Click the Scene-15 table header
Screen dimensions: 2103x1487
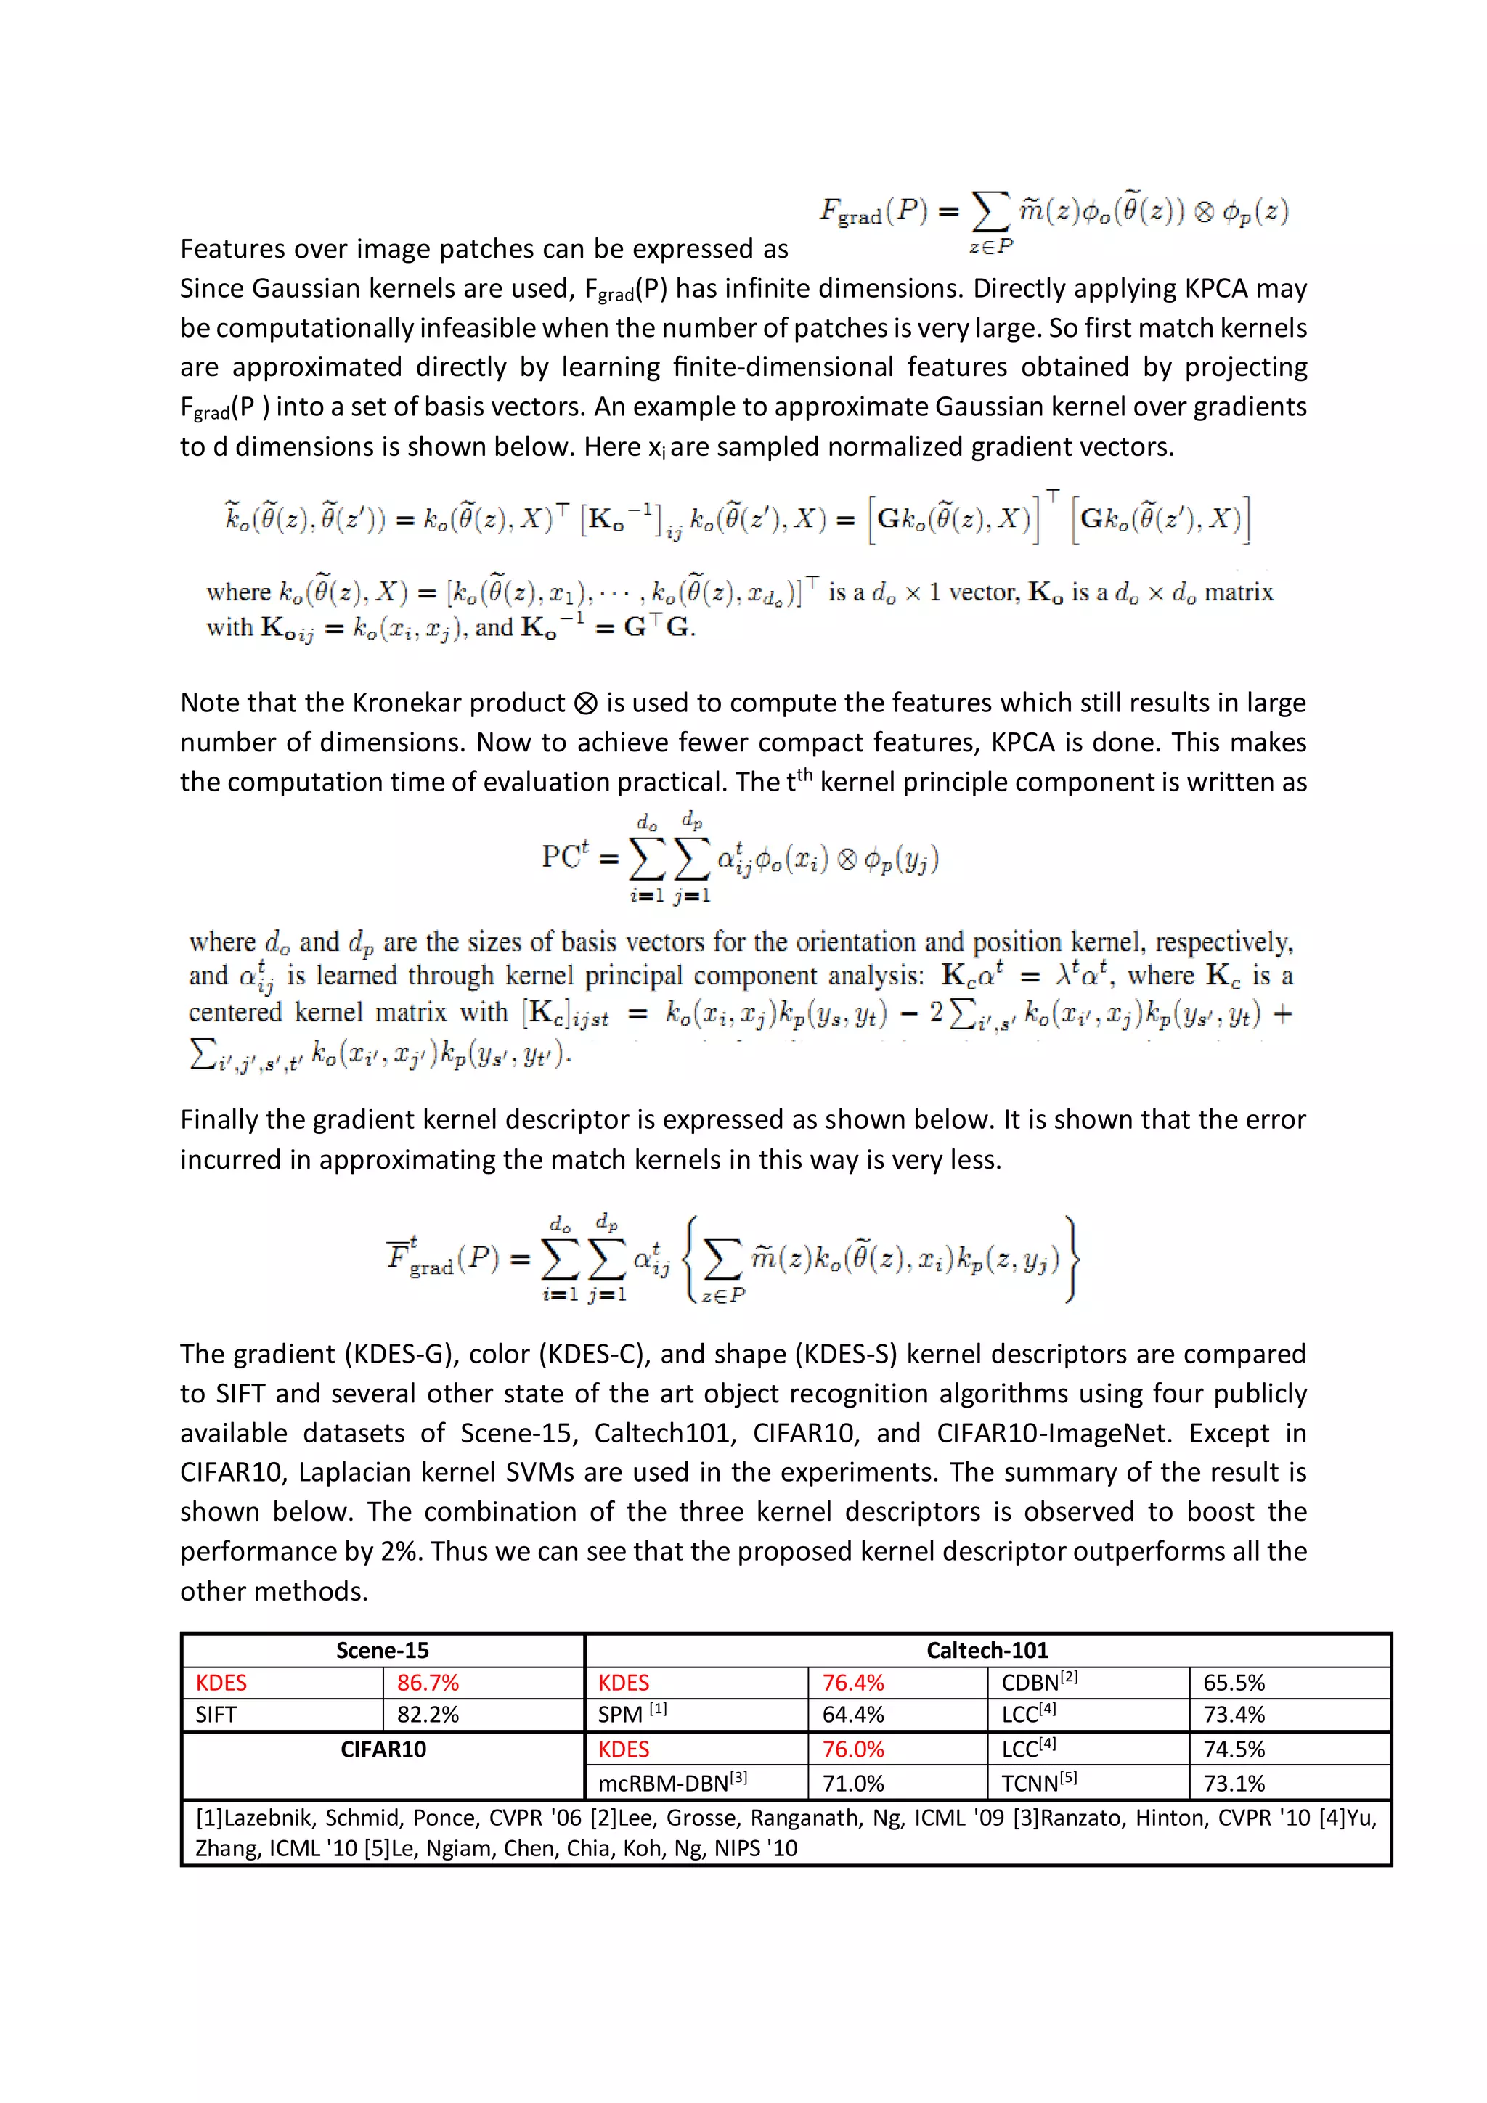(x=382, y=1651)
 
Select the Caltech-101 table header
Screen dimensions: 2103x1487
(x=987, y=1651)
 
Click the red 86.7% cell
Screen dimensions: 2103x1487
(x=428, y=1683)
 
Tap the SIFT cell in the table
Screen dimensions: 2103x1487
(x=216, y=1715)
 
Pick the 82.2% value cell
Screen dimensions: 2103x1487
(x=428, y=1715)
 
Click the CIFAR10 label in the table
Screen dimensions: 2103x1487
(x=383, y=1749)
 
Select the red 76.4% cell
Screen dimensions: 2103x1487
(x=853, y=1683)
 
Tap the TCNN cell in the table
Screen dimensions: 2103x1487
(x=1038, y=1784)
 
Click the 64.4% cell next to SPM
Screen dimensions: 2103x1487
(x=853, y=1715)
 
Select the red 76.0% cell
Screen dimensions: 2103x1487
(x=853, y=1749)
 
